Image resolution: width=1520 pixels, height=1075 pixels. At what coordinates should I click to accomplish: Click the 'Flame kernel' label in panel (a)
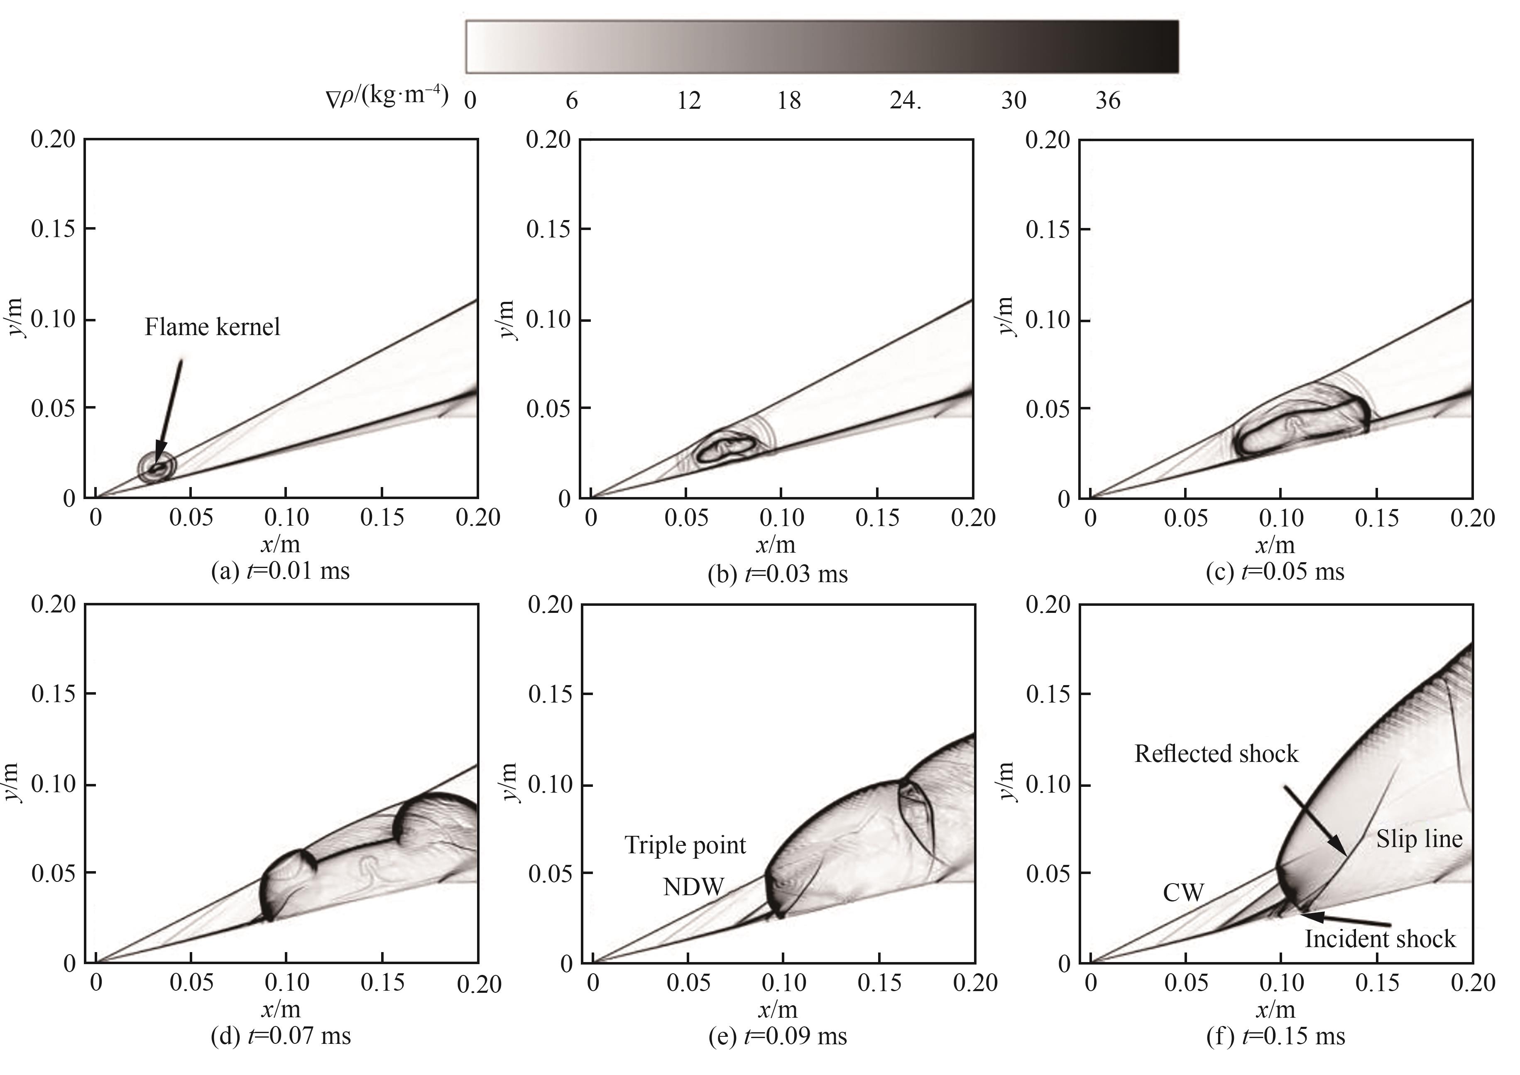213,327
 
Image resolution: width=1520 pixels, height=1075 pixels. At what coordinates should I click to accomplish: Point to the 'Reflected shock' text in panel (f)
1216,754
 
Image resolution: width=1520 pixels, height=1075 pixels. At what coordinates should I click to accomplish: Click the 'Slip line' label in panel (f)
1419,839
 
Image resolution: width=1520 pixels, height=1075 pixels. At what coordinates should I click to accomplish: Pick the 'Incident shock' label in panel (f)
1380,939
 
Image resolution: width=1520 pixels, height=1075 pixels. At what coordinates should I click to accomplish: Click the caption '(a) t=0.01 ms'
280,571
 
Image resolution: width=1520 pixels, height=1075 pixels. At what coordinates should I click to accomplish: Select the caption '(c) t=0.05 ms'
1274,571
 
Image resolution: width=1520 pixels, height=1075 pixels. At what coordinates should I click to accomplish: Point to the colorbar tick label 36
1108,100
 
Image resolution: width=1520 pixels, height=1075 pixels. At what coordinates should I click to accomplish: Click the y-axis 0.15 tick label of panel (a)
53,229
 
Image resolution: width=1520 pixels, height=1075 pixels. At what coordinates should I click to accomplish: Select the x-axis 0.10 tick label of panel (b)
782,518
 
